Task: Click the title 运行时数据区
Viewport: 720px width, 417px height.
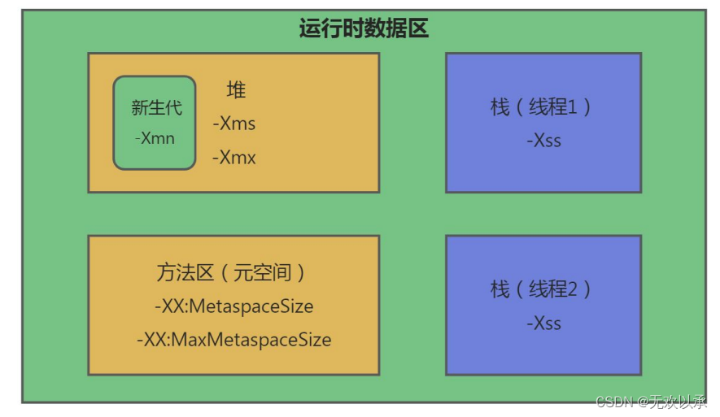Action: click(x=364, y=29)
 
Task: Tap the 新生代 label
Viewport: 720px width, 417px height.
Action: click(x=156, y=107)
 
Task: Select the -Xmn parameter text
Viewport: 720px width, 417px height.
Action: click(x=155, y=137)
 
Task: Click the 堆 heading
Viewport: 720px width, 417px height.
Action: click(x=236, y=90)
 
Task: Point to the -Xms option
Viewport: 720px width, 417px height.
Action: click(x=234, y=124)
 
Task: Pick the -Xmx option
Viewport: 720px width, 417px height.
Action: click(x=234, y=158)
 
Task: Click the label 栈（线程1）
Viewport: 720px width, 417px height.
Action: click(x=542, y=106)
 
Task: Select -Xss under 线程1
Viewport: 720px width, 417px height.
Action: click(x=543, y=140)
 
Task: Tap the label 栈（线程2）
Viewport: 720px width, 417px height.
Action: click(x=542, y=289)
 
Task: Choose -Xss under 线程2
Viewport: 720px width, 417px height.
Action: click(x=543, y=323)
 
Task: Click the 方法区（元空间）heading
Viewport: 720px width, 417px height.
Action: click(x=233, y=272)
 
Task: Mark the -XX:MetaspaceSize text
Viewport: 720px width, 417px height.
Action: click(x=233, y=306)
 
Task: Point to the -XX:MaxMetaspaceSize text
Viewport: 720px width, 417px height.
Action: click(x=233, y=339)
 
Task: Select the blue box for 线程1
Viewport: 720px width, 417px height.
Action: click(x=543, y=171)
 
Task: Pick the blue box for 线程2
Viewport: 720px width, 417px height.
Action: click(x=543, y=354)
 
